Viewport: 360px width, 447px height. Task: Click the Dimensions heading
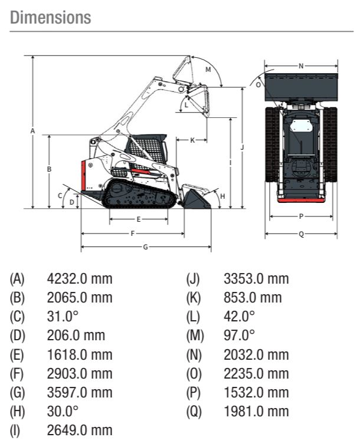click(x=51, y=18)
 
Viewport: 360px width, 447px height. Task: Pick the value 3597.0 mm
click(x=79, y=392)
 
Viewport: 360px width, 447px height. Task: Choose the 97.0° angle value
click(x=239, y=336)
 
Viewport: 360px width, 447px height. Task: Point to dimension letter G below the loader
click(x=145, y=246)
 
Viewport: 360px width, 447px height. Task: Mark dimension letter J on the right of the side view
click(x=242, y=146)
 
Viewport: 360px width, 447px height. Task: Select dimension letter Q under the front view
click(x=301, y=234)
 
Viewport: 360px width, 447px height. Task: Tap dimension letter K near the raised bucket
click(x=192, y=140)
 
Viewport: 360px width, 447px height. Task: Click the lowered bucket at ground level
click(x=197, y=199)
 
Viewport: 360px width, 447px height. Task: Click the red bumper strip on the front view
click(x=301, y=199)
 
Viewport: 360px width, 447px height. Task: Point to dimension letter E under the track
click(x=138, y=219)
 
